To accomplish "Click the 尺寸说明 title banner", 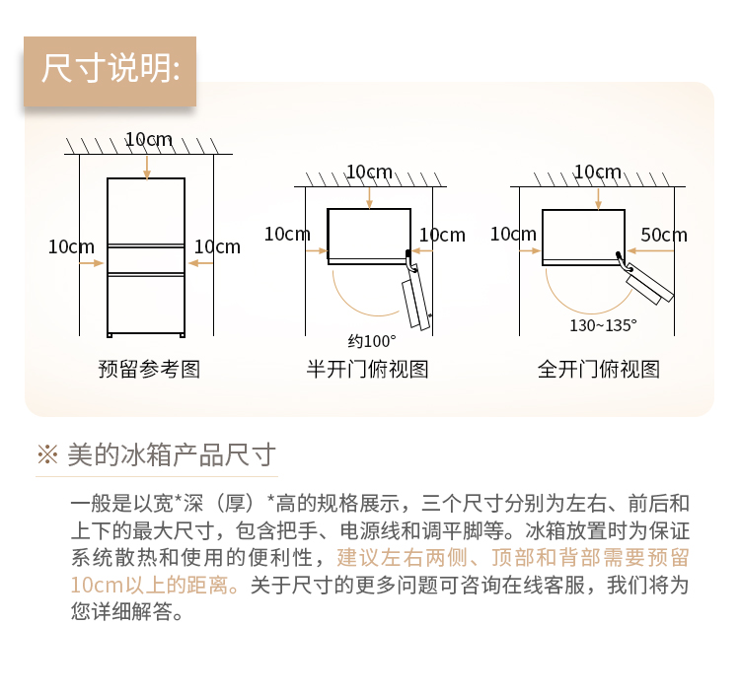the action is tap(110, 71).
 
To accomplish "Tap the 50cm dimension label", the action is tap(664, 235).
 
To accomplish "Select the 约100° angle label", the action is tap(372, 341).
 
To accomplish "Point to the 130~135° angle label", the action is tap(603, 325).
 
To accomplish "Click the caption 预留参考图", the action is tap(149, 369).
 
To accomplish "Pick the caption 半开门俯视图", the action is tap(367, 369).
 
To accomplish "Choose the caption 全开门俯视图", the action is tap(599, 369).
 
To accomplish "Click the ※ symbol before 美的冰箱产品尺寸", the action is tap(47, 454).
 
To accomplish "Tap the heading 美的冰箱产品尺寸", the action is tap(172, 455).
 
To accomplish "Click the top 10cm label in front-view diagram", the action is tap(148, 139).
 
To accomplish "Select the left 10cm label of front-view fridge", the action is tap(71, 246).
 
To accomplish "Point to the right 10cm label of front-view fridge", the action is tap(217, 246).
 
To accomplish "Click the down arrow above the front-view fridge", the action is tap(147, 168).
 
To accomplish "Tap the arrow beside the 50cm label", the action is tap(650, 250).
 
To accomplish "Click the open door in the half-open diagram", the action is tap(416, 297).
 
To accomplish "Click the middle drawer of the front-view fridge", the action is tap(146, 259).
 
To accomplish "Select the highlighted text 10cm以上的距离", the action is tap(149, 586).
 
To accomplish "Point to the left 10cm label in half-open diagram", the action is tap(287, 234).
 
